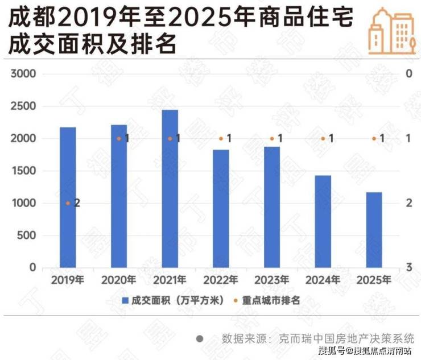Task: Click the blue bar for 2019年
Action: click(x=68, y=197)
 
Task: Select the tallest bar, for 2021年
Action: click(x=170, y=189)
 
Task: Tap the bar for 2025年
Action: click(x=374, y=230)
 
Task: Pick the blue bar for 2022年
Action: click(x=221, y=209)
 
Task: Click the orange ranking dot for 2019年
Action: click(x=68, y=203)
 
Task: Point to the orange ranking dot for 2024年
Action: click(x=323, y=138)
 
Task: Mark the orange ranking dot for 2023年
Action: click(x=272, y=138)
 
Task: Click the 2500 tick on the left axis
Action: click(x=24, y=106)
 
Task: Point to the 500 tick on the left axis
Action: click(x=28, y=235)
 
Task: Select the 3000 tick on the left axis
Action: click(x=24, y=74)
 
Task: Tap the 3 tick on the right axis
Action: click(x=408, y=267)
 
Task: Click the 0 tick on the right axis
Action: click(x=408, y=74)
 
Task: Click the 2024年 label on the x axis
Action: click(x=323, y=280)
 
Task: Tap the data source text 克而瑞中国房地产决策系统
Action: click(x=346, y=337)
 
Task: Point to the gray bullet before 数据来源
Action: click(x=200, y=338)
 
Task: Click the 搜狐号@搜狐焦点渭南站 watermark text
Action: click(x=365, y=350)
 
